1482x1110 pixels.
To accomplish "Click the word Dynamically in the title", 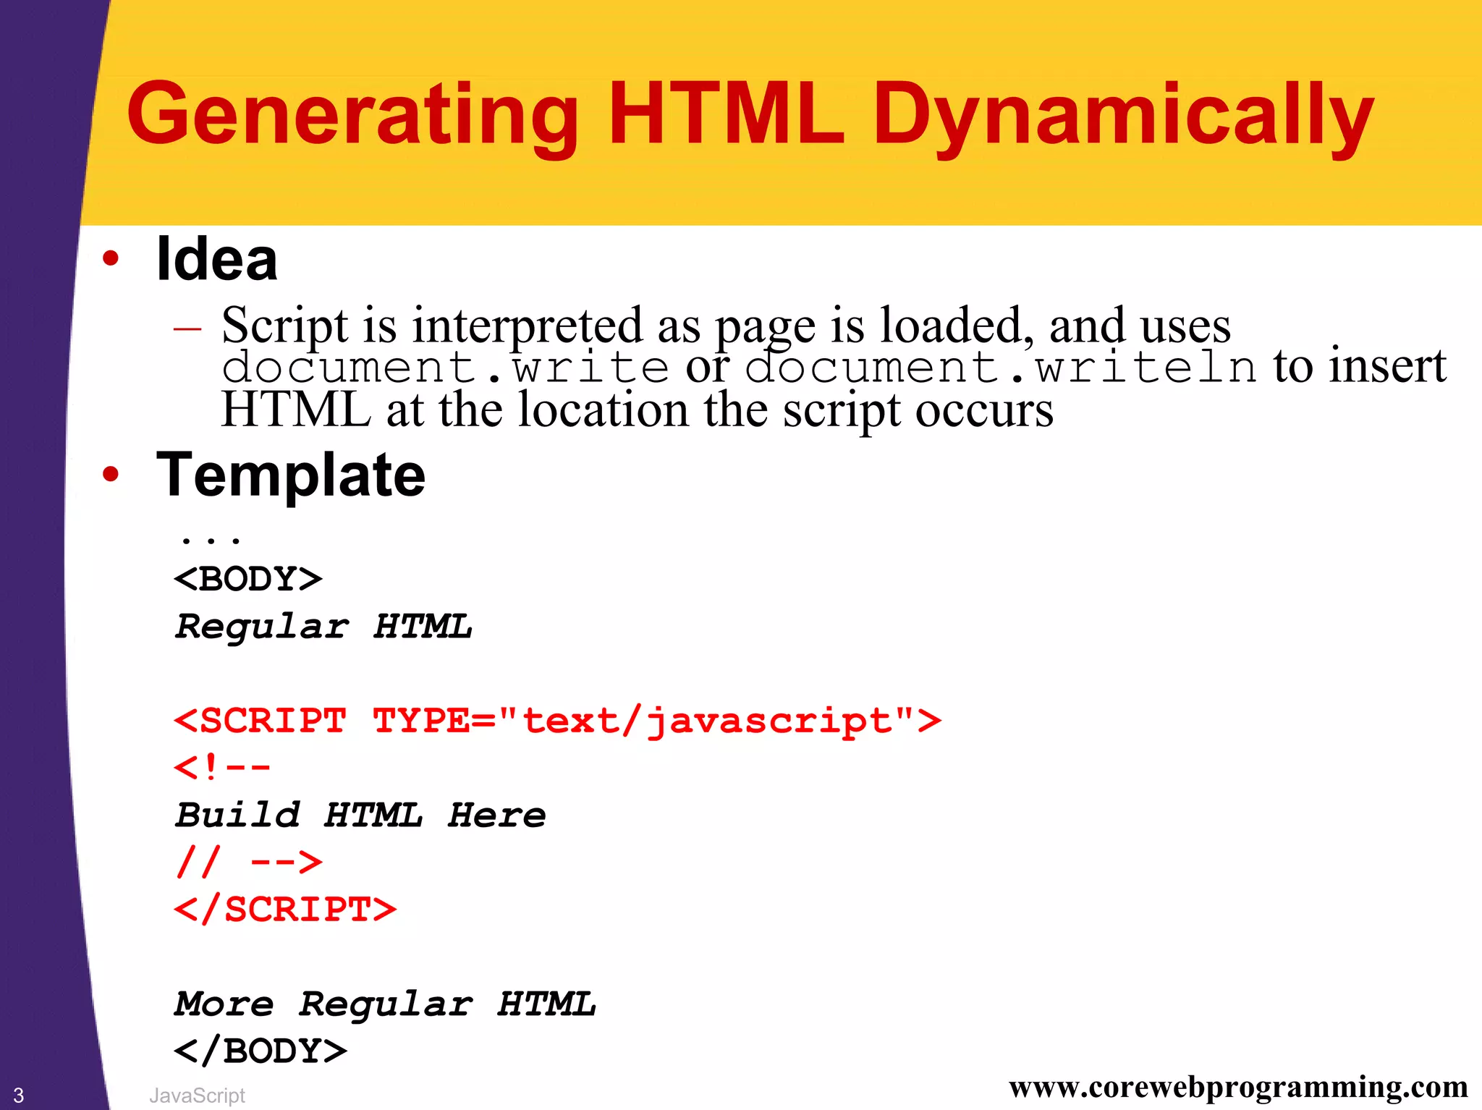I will [x=1122, y=116].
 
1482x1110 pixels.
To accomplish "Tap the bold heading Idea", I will [x=216, y=259].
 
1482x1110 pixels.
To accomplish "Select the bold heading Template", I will [x=291, y=475].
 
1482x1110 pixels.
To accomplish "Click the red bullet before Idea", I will [x=110, y=258].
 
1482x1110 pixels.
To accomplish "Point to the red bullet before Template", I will [x=110, y=475].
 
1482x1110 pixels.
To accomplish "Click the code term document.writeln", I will [x=1000, y=366].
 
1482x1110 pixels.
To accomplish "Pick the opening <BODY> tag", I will [x=248, y=579].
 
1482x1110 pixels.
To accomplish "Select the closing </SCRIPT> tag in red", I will [x=285, y=910].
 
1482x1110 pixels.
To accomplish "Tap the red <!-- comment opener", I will [x=222, y=767].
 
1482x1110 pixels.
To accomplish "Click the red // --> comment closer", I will [x=248, y=862].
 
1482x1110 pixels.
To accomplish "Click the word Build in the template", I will [x=238, y=815].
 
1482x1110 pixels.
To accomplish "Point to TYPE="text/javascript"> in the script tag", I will [x=656, y=721].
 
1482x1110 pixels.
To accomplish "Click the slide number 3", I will [x=19, y=1095].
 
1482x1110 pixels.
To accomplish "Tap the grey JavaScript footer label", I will [x=197, y=1096].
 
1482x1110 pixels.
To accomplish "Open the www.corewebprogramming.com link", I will [x=1238, y=1087].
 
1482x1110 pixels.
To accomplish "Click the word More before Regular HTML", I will [x=224, y=1004].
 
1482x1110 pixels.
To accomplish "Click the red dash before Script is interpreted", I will [x=187, y=329].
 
